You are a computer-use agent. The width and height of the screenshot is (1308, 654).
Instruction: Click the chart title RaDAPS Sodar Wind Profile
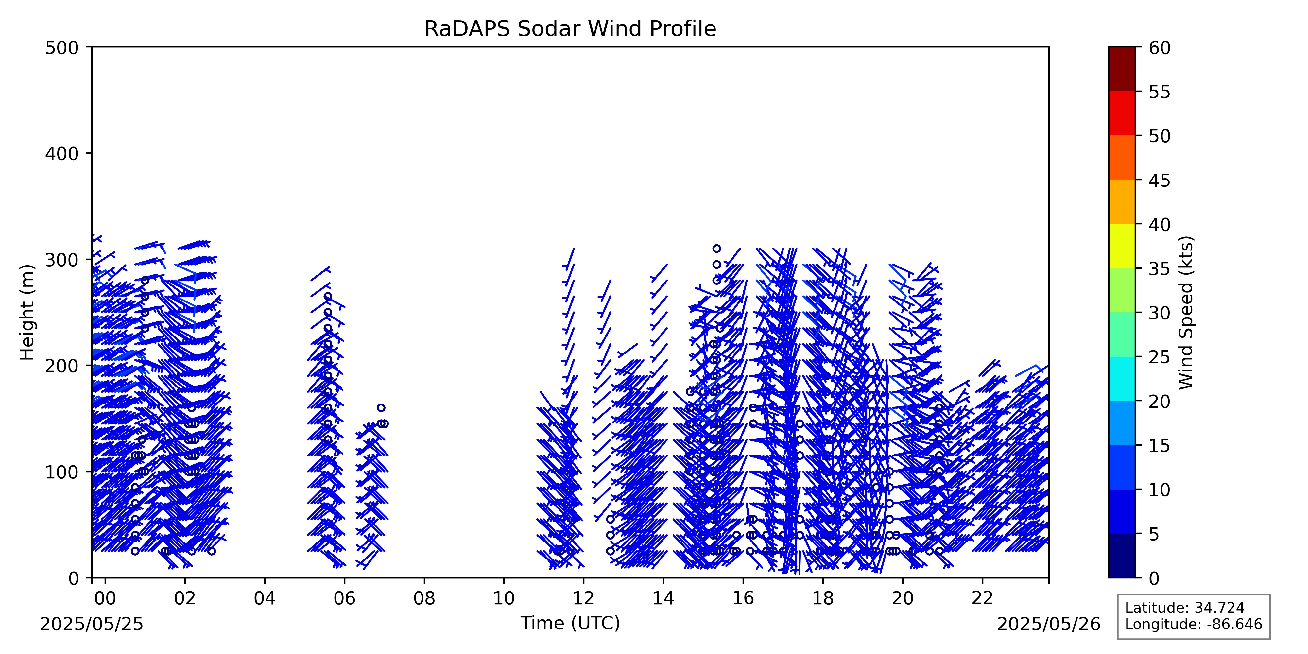point(570,29)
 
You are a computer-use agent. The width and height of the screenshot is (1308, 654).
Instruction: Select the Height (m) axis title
point(27,312)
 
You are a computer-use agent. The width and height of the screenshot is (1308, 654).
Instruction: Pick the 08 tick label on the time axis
point(424,599)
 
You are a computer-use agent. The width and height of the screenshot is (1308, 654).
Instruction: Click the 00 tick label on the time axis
point(105,599)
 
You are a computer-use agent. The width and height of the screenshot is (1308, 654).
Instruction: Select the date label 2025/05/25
point(92,624)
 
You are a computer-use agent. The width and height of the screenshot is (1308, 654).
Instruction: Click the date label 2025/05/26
point(1049,624)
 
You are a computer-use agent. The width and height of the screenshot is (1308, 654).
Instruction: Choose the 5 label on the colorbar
point(1154,534)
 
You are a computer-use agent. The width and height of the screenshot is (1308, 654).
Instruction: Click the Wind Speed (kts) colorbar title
point(1186,312)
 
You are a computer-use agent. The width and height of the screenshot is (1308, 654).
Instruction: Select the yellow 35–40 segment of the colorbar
point(1122,246)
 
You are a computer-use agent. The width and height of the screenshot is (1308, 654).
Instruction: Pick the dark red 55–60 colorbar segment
point(1122,69)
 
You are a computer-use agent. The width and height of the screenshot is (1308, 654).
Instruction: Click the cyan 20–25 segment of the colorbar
point(1122,379)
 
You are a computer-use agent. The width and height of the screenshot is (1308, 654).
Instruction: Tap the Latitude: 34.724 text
point(1185,608)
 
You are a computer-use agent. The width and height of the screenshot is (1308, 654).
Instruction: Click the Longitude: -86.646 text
point(1193,624)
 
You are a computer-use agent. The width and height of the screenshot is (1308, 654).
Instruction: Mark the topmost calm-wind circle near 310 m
point(716,248)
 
